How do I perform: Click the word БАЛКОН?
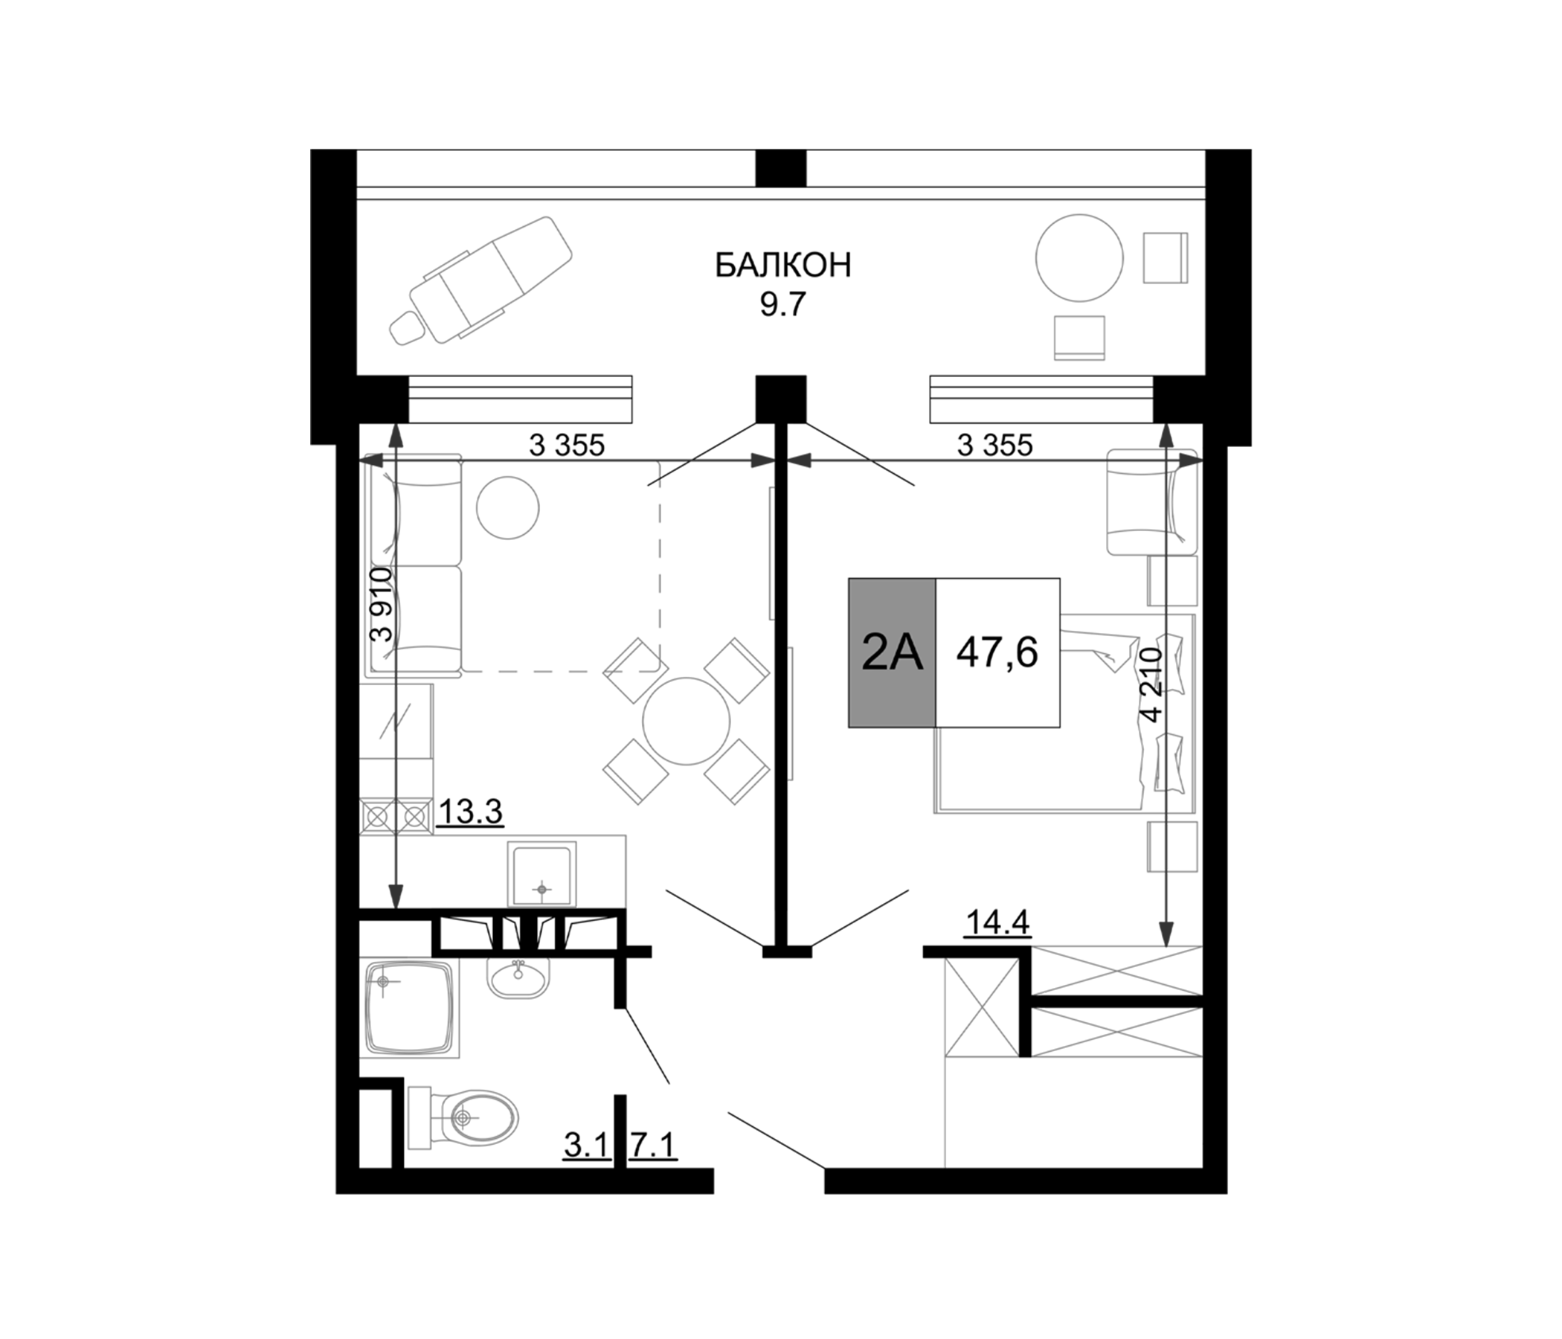point(782,266)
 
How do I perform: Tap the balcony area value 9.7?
point(782,306)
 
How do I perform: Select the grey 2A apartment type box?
point(892,652)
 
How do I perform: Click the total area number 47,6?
point(997,652)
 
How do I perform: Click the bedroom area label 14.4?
point(997,922)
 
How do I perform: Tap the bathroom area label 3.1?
point(587,1147)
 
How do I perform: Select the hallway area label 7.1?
point(654,1147)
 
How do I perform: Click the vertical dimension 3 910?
point(383,604)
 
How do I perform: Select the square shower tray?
point(411,1009)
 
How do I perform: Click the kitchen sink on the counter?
point(541,875)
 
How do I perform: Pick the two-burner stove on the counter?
point(396,816)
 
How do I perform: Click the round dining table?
point(686,721)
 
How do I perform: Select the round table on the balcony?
point(1079,258)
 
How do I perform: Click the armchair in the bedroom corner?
point(1151,501)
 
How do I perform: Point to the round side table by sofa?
point(507,507)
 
